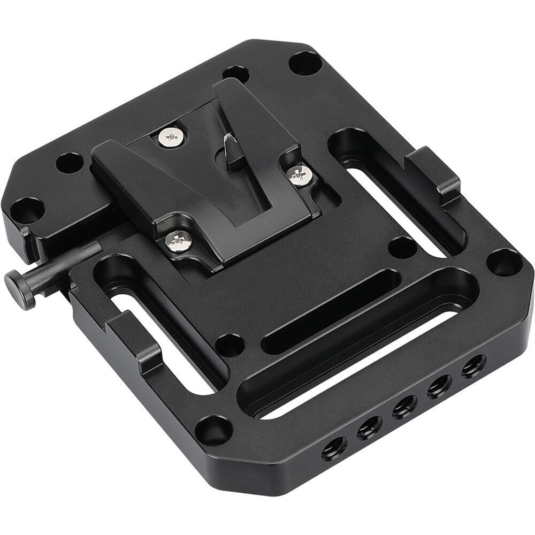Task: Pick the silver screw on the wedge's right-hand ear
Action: (301, 175)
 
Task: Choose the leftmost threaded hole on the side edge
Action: (333, 454)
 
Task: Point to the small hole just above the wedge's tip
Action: (235, 74)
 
